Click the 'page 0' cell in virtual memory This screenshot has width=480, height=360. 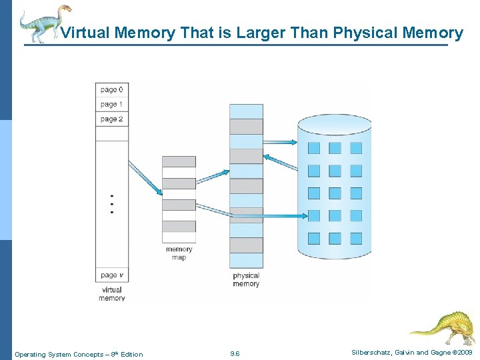pyautogui.click(x=111, y=90)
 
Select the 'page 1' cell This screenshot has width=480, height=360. pyautogui.click(x=111, y=105)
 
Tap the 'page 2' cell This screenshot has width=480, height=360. pyautogui.click(x=111, y=119)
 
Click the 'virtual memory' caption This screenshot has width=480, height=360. pyautogui.click(x=111, y=294)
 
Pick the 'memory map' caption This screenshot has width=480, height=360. pyautogui.click(x=179, y=253)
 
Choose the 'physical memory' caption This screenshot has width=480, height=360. pyautogui.click(x=246, y=280)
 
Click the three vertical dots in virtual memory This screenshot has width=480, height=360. pyautogui.click(x=111, y=204)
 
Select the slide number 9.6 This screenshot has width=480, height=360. pyautogui.click(x=235, y=354)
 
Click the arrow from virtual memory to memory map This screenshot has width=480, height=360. pyautogui.click(x=145, y=177)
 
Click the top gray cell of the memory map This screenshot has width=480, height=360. pyautogui.click(x=179, y=161)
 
